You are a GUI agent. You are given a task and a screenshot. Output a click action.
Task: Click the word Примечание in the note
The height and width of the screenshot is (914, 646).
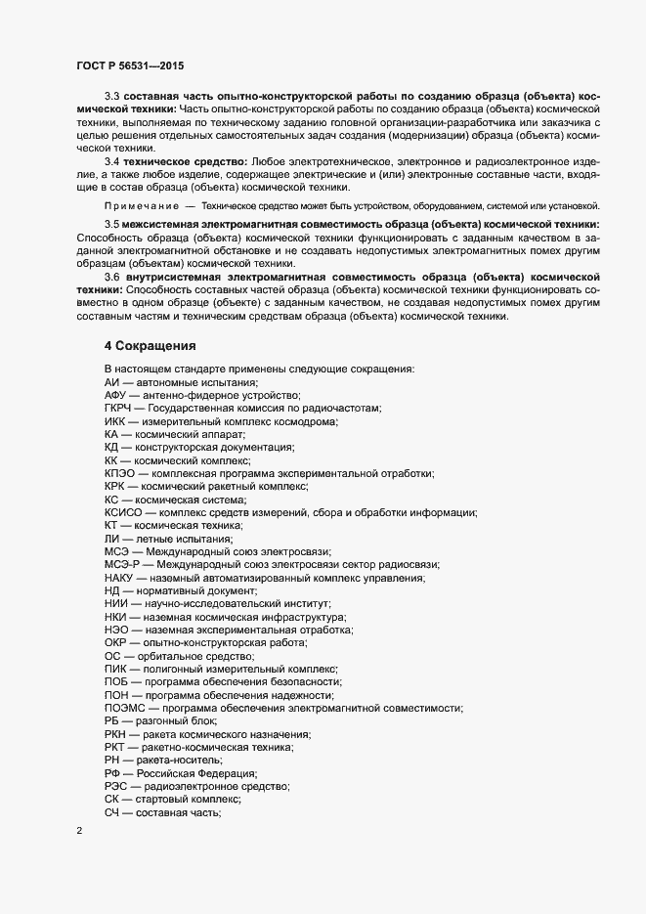[141, 206]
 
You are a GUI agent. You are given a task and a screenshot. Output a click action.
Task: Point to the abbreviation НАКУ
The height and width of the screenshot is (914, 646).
[120, 578]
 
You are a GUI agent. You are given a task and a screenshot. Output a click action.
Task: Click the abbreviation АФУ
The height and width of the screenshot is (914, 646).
[116, 394]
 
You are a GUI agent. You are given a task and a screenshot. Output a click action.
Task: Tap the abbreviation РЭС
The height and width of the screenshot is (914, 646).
[116, 785]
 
